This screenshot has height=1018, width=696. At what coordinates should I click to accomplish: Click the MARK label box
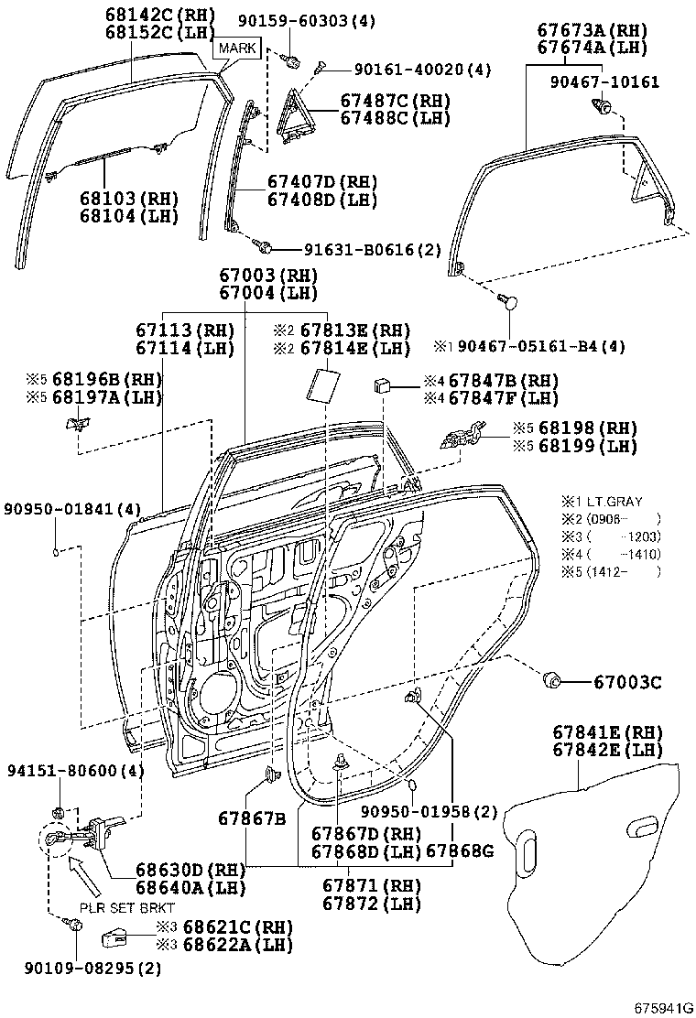(237, 47)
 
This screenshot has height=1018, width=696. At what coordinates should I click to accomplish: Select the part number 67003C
(626, 681)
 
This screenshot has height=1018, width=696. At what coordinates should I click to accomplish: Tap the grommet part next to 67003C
(552, 680)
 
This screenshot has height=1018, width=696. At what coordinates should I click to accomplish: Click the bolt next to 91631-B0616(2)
(265, 246)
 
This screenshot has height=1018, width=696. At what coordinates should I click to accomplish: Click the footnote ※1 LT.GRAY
(602, 502)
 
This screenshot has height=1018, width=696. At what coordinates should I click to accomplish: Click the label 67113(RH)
(185, 330)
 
